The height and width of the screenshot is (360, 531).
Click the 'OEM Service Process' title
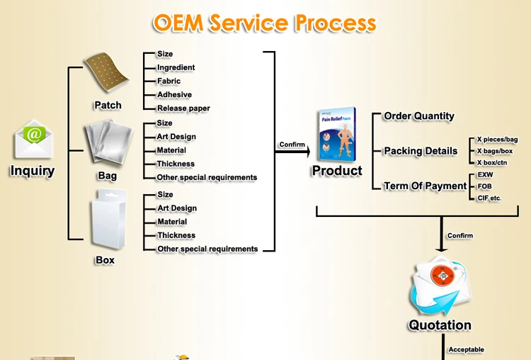265,23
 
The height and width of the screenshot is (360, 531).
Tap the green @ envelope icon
33,140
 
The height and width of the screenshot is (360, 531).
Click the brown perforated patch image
106,72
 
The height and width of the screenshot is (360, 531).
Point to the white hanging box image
108,219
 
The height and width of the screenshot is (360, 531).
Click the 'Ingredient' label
176,67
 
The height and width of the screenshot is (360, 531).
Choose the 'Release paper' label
183,108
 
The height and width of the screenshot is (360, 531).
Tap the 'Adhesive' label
174,94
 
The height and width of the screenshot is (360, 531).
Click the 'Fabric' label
169,81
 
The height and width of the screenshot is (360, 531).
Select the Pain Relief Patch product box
337,135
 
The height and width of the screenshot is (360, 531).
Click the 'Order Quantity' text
419,116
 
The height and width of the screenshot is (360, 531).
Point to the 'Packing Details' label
421,151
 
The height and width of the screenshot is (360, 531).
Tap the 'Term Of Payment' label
425,186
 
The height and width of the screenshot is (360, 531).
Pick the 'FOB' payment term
484,186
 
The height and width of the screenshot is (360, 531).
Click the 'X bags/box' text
495,151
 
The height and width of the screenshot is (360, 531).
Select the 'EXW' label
485,174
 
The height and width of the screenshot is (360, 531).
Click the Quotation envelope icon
440,286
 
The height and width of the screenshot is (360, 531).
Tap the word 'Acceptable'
467,349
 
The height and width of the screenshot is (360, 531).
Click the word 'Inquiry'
33,171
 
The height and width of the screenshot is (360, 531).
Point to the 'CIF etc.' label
489,198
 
